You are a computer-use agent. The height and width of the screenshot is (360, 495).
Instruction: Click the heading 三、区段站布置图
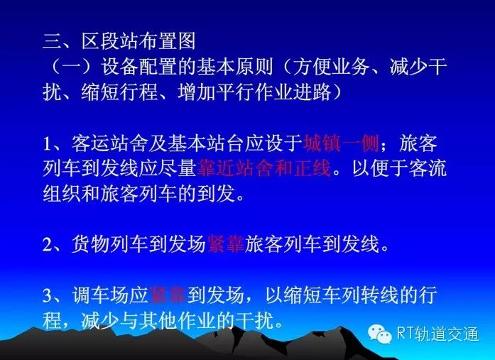[x=119, y=41]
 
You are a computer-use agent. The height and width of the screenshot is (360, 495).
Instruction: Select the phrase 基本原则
[x=235, y=67]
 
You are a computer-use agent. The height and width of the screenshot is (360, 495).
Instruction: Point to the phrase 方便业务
[x=331, y=67]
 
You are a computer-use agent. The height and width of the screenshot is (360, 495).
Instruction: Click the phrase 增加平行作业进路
[x=254, y=92]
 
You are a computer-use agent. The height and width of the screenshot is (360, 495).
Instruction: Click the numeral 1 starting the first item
[x=48, y=144]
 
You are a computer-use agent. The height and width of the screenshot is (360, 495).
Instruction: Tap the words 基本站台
[x=206, y=143]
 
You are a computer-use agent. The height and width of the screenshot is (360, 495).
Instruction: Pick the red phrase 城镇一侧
[x=342, y=143]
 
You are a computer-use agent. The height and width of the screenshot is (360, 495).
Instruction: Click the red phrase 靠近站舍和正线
[x=264, y=168]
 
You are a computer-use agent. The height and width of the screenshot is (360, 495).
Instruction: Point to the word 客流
[x=428, y=168]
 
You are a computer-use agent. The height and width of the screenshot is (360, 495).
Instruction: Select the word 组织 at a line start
[x=62, y=193]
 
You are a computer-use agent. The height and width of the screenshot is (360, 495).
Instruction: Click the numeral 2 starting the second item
[x=48, y=244]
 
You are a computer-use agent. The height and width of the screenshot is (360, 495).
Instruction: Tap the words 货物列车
[x=110, y=244]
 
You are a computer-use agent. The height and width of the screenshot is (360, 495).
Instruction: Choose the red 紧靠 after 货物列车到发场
[x=225, y=244]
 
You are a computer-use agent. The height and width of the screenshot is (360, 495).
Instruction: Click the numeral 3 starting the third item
[x=48, y=295]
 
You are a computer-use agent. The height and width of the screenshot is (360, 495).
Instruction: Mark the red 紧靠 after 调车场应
[x=168, y=295]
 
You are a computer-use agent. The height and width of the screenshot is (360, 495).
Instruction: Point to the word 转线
[x=380, y=295]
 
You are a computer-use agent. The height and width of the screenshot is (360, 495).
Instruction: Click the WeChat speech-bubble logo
[x=379, y=334]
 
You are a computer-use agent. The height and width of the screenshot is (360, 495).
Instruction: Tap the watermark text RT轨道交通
[x=438, y=334]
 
